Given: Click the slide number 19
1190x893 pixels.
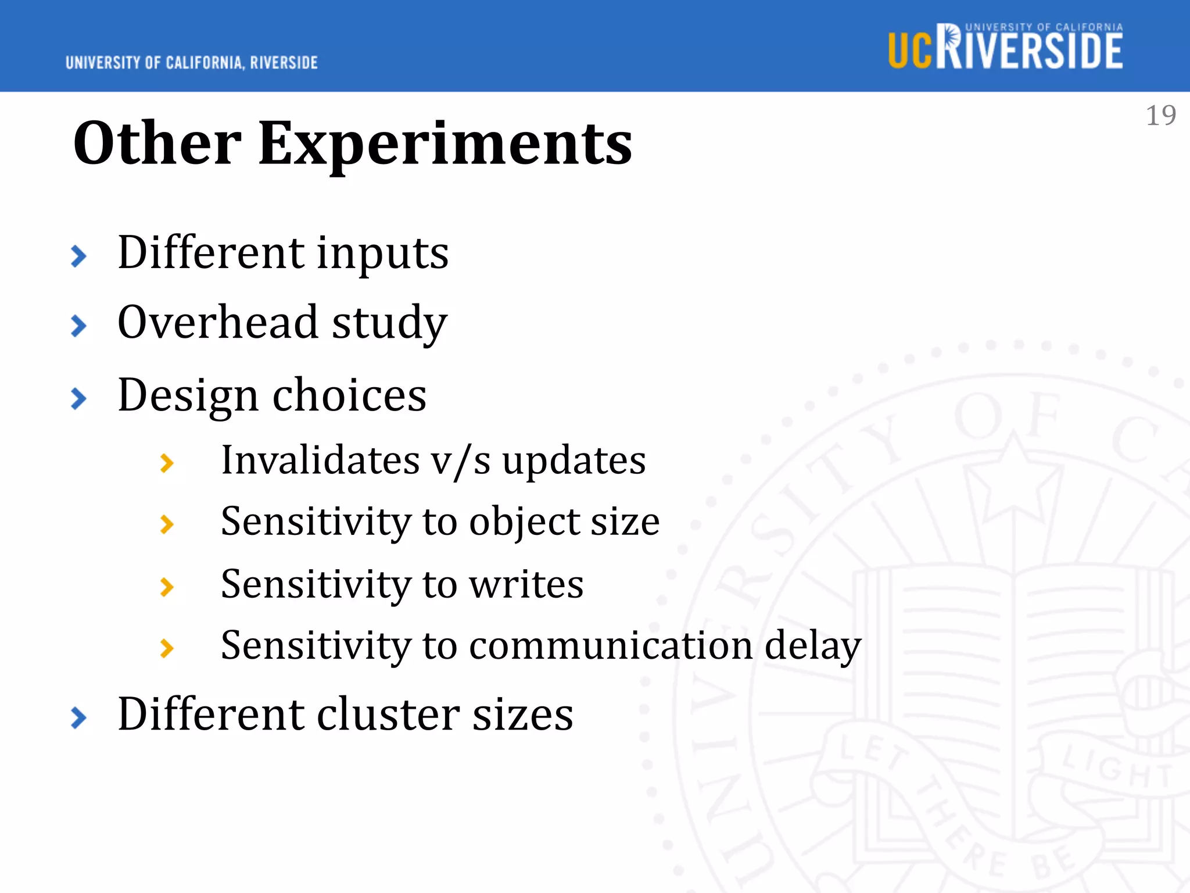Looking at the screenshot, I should pyautogui.click(x=1160, y=116).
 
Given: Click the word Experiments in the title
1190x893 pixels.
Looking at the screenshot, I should pyautogui.click(x=445, y=144).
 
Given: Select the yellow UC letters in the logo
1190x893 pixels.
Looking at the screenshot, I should pyautogui.click(x=909, y=51).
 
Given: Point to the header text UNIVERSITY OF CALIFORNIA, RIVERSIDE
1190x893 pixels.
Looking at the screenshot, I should pyautogui.click(x=192, y=63).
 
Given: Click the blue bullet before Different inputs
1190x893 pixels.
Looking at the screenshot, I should pyautogui.click(x=78, y=256).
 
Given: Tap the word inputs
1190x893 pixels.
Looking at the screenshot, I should pyautogui.click(x=382, y=254).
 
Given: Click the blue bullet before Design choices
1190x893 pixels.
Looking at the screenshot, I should pyautogui.click(x=78, y=399).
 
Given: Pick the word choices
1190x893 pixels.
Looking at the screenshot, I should pyautogui.click(x=349, y=395).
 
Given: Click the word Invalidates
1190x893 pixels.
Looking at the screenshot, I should pyautogui.click(x=320, y=460).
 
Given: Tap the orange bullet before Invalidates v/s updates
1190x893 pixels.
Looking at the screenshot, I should pyautogui.click(x=167, y=463).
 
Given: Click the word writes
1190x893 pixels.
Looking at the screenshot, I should pyautogui.click(x=526, y=584).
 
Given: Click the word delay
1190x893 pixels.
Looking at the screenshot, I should pyautogui.click(x=812, y=646).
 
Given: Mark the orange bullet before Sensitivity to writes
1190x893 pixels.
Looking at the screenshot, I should pyautogui.click(x=167, y=587).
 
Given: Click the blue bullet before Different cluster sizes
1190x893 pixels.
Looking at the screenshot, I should pyautogui.click(x=78, y=717).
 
